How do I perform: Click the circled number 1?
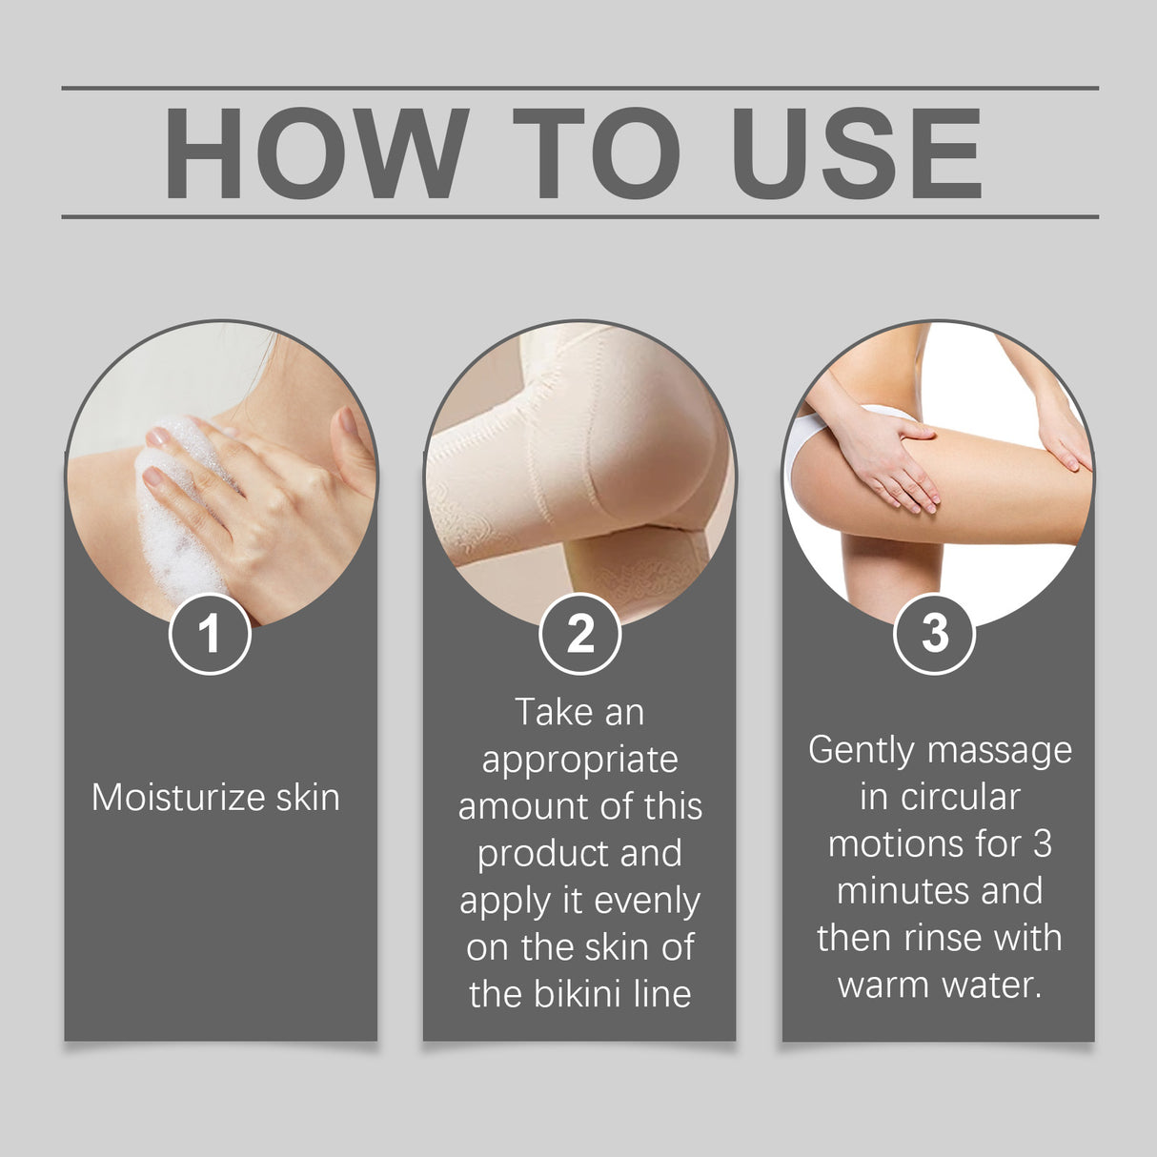click(x=210, y=634)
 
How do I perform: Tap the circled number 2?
click(x=579, y=634)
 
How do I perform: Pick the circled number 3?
click(x=935, y=634)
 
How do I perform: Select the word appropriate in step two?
click(x=579, y=761)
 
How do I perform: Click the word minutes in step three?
click(x=892, y=891)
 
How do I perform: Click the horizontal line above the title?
click(x=579, y=89)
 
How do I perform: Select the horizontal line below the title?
click(x=579, y=216)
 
